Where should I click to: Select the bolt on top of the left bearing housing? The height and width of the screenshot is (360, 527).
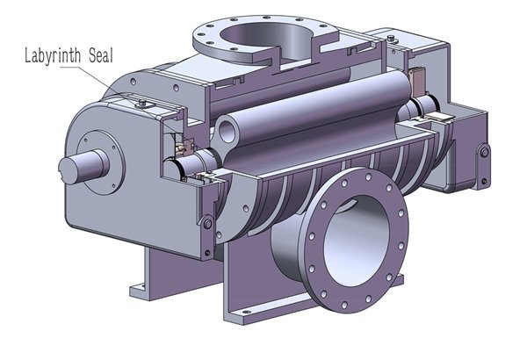click(x=142, y=102)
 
